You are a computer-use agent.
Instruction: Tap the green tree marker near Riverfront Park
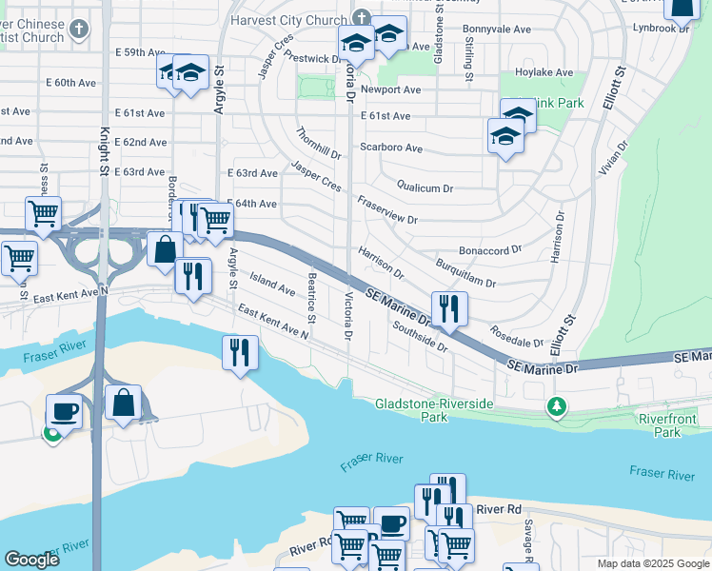click(x=557, y=407)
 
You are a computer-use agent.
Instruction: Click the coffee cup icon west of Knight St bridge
click(x=65, y=411)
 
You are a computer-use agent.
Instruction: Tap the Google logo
click(x=31, y=560)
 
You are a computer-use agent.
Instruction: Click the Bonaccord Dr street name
click(x=490, y=249)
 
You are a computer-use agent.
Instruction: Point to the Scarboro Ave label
click(x=390, y=148)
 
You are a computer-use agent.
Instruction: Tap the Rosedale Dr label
click(x=516, y=336)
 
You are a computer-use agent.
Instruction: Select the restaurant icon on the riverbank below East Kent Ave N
click(x=239, y=352)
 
